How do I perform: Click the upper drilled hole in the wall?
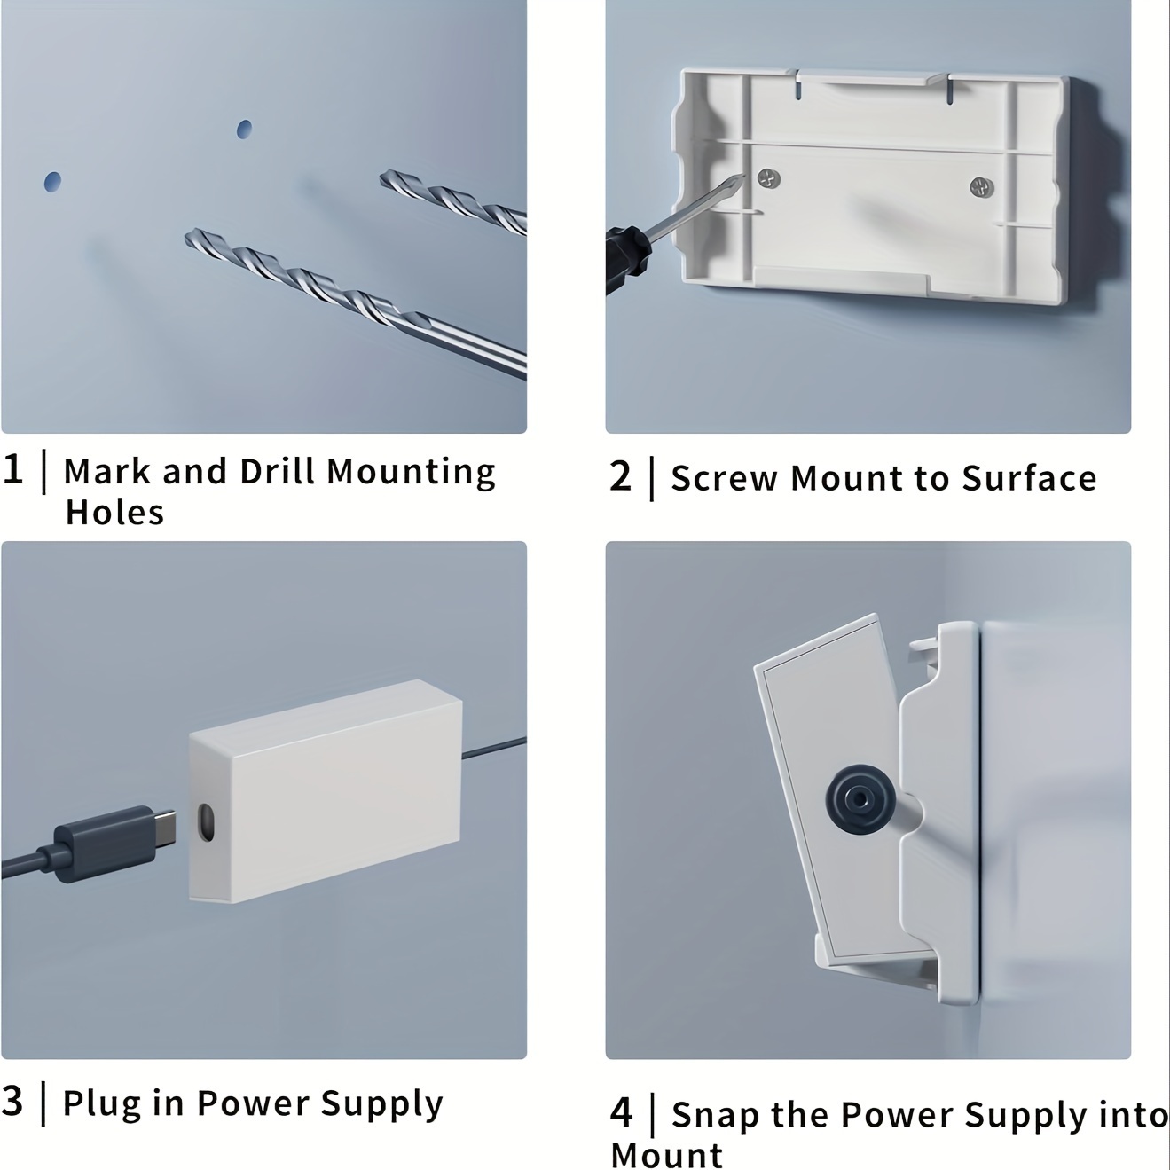pos(244,129)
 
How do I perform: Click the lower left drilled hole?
pos(53,182)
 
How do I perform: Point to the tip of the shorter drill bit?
pos(382,177)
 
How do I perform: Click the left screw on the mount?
pos(769,178)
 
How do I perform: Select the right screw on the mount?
pos(981,187)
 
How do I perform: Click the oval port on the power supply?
pos(207,822)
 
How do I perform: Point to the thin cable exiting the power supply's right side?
pos(494,748)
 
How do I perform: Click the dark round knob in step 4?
pos(860,800)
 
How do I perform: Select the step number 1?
pos(12,470)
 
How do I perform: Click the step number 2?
pos(621,476)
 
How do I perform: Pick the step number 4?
pos(621,1111)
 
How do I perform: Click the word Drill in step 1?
pos(276,471)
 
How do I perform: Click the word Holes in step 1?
pos(114,512)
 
